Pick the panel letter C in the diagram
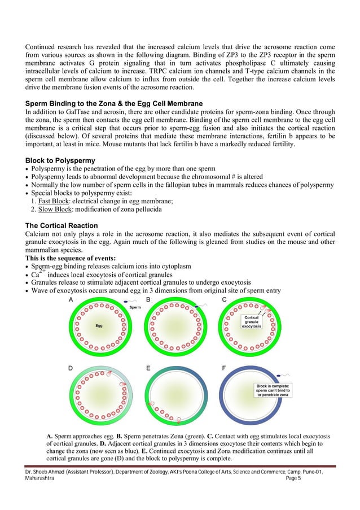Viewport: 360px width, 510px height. tap(225, 299)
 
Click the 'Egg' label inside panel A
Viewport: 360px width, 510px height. tap(98, 325)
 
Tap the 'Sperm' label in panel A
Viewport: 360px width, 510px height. tap(135, 308)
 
